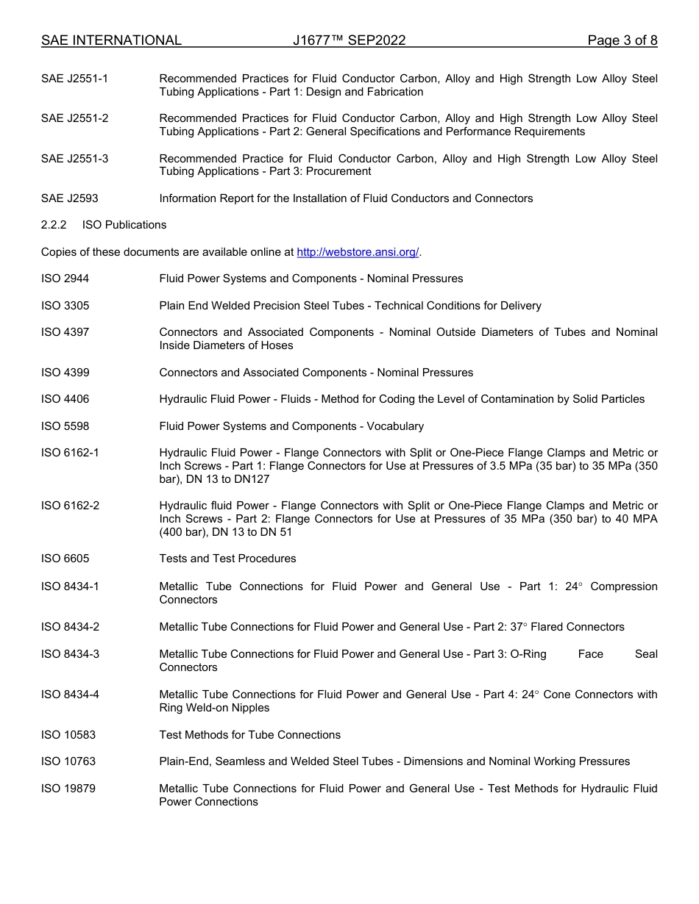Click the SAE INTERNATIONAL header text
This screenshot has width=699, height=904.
pos(111,40)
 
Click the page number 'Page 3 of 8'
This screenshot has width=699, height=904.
pos(622,40)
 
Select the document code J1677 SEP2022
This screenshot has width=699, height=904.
pos(349,40)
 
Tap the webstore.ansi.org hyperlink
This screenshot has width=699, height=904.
pos(358,252)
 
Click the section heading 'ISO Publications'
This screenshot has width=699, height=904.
pos(124,225)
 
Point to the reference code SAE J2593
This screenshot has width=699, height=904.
pos(69,198)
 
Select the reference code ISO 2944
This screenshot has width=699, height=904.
pos(65,279)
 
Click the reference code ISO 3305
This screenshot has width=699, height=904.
pos(65,306)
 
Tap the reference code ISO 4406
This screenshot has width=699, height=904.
pos(65,399)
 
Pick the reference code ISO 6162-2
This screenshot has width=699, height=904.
pos(70,506)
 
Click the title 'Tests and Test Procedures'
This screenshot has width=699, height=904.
pos(227,559)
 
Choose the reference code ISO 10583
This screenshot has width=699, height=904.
pos(68,735)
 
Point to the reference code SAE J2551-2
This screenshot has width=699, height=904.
pos(74,118)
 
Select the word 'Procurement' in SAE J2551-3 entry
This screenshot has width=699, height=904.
pos(341,171)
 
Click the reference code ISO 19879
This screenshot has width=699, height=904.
pos(68,789)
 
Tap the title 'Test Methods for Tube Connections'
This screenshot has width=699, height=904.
pos(249,735)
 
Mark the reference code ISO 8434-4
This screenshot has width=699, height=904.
pos(70,695)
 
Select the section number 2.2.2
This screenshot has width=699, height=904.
pos(54,225)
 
